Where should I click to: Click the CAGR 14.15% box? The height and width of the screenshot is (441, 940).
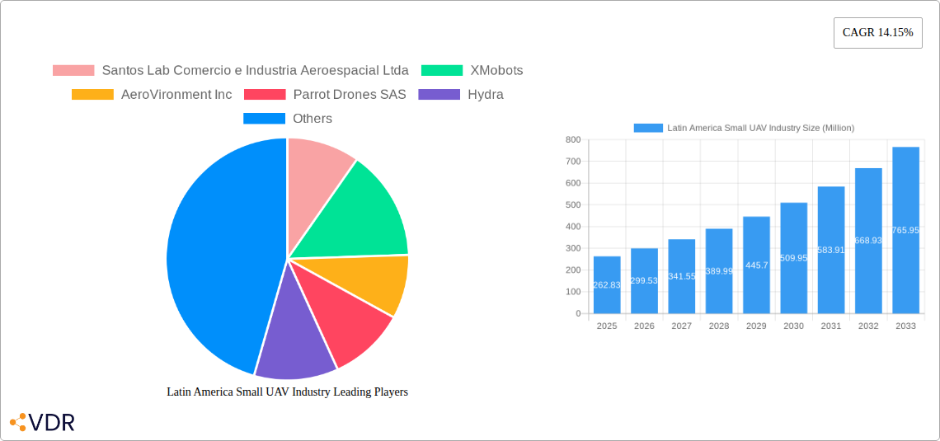tap(877, 33)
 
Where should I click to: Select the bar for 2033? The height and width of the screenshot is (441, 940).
tap(905, 230)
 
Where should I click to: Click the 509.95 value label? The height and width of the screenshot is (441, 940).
tap(793, 258)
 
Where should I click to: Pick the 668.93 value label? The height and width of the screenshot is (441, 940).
tap(868, 241)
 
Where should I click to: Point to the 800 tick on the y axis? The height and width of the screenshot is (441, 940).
tap(572, 140)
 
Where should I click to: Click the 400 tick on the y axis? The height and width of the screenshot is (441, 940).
tap(572, 227)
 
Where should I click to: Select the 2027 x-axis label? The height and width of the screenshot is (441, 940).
tap(681, 326)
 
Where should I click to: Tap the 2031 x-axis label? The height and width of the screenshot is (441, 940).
tap(831, 326)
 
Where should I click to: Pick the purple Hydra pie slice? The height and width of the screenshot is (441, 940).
tap(293, 342)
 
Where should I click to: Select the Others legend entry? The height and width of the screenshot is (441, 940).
tap(288, 119)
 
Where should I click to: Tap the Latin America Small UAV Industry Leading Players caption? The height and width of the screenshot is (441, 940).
tap(287, 392)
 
